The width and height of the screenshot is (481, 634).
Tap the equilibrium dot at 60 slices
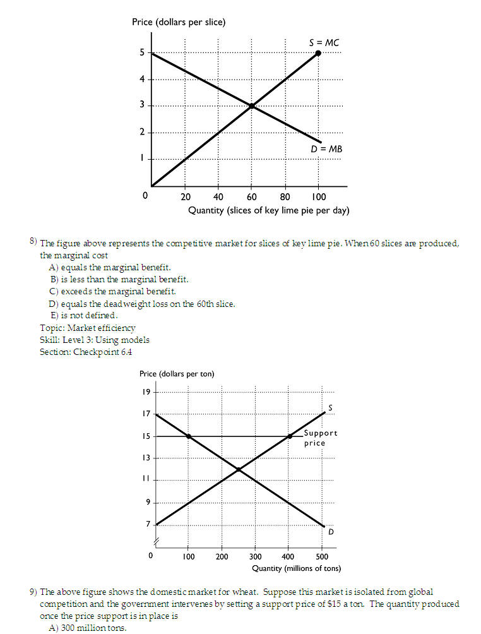click(x=251, y=105)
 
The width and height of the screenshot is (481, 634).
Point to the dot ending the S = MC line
click(x=318, y=53)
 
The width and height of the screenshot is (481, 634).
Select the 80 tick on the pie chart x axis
click(x=285, y=196)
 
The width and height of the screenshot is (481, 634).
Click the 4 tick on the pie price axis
click(x=143, y=79)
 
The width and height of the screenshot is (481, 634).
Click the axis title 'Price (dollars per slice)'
click(x=179, y=22)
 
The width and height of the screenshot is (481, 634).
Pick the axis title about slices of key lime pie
click(x=268, y=210)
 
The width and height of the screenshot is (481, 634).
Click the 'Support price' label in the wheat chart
click(x=320, y=438)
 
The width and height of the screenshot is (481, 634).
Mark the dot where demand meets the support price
click(x=189, y=436)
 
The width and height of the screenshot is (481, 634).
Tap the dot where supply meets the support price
click(x=290, y=436)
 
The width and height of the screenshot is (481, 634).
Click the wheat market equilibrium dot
click(x=239, y=469)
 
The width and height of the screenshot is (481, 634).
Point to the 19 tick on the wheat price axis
click(x=146, y=392)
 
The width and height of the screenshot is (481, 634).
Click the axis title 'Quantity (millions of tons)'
click(x=296, y=568)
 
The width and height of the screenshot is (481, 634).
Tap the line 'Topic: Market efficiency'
click(x=87, y=328)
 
